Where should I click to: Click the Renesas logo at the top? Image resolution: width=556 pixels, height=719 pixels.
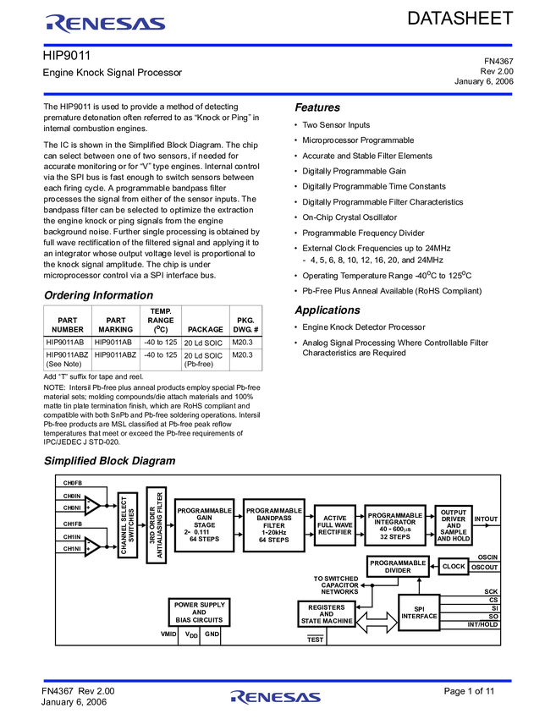coord(106,24)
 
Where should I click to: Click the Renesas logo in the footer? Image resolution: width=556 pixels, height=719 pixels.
coord(276,697)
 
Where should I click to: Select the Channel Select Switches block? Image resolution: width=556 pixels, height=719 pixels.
coord(128,525)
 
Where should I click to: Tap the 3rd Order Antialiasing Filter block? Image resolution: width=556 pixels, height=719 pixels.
coord(157,525)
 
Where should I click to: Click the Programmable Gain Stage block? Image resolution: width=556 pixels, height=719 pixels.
coord(204,525)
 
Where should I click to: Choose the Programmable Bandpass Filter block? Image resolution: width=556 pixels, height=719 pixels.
coord(273,525)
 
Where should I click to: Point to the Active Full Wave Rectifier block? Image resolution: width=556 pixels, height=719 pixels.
coord(334,525)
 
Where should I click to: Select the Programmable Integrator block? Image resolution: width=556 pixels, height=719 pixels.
coord(395,525)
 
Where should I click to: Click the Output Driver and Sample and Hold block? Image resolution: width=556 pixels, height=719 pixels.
coord(454,525)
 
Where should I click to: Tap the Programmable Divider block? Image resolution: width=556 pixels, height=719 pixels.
coord(398,567)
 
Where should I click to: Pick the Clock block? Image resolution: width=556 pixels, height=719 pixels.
coord(454,567)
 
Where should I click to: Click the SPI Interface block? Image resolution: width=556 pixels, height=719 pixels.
coord(419,612)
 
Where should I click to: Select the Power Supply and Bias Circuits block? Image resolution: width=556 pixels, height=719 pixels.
coord(199,612)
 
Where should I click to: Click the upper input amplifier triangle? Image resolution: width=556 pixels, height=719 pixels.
coord(91,506)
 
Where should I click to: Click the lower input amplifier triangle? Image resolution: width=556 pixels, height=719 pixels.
coord(91,547)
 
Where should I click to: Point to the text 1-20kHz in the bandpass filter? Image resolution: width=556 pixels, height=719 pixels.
coord(273,532)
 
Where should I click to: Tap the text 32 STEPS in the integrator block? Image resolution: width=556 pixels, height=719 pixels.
coord(394,537)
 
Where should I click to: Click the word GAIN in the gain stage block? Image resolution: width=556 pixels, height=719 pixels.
coord(204,518)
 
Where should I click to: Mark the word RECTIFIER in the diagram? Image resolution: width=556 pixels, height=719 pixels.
coord(334,532)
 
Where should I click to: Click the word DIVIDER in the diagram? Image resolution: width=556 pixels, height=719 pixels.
coord(398,571)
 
